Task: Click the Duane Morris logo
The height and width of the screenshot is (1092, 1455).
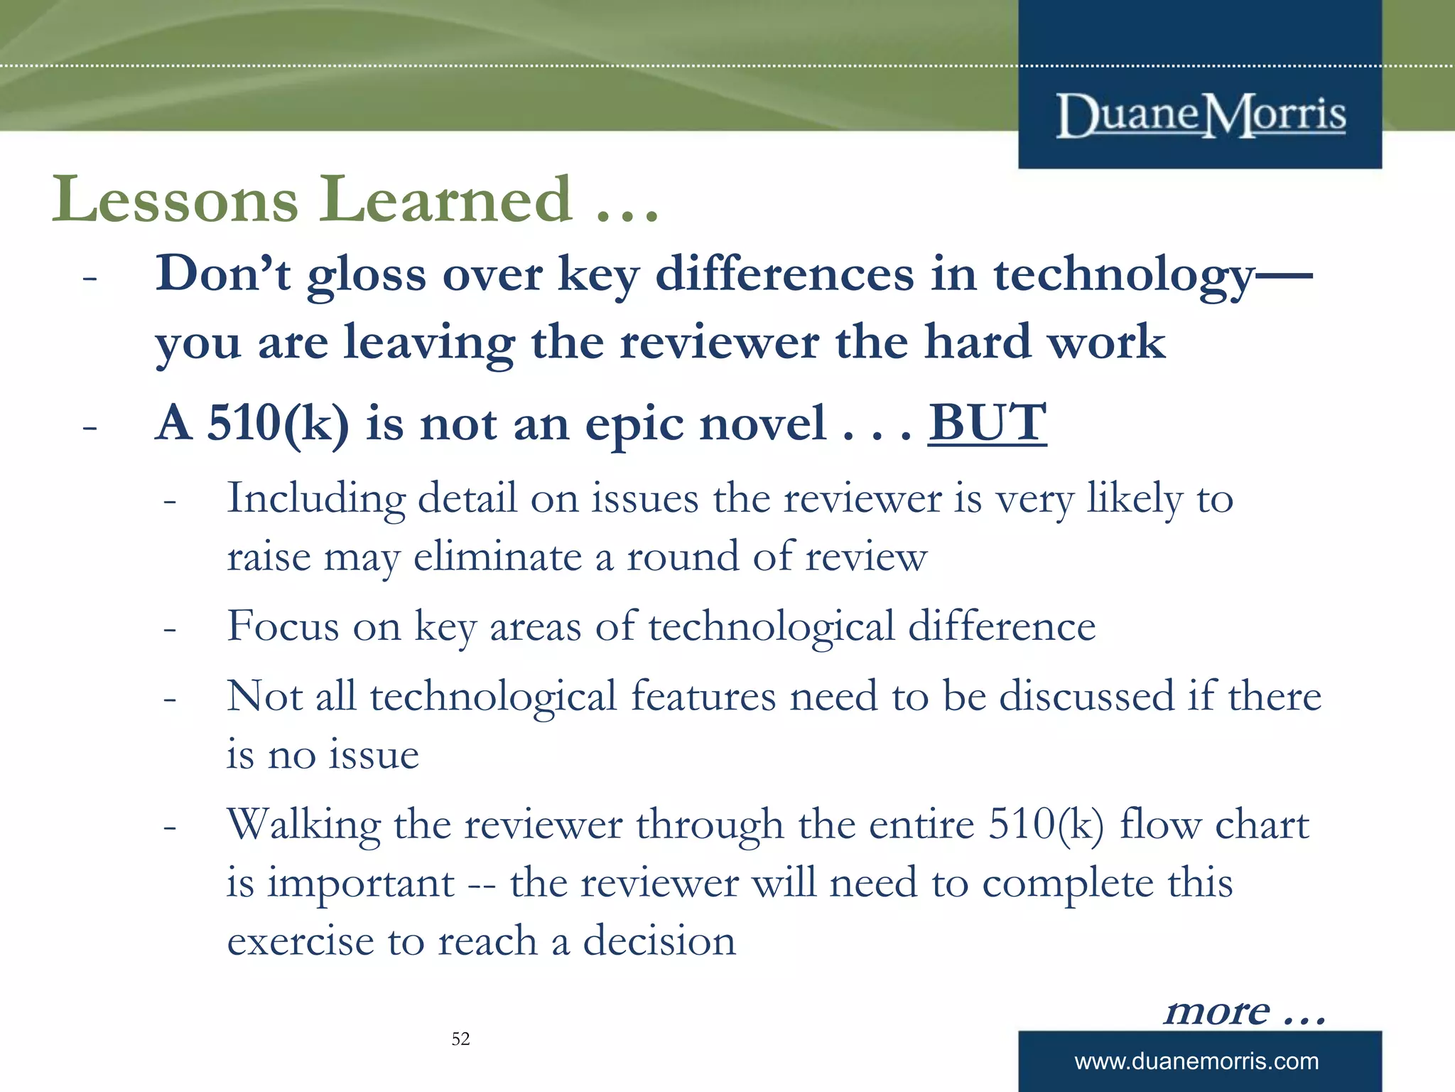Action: coord(1201,115)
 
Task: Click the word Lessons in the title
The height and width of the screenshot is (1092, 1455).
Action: coord(175,200)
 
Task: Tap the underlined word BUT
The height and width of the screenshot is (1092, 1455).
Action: coord(987,424)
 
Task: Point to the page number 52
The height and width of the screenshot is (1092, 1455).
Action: coord(460,1039)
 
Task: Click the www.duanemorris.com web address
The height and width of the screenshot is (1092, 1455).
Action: coord(1196,1061)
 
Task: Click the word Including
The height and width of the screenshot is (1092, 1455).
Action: coord(315,499)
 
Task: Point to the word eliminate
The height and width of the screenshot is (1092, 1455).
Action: coord(498,557)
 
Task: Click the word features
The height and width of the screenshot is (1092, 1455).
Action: coord(703,697)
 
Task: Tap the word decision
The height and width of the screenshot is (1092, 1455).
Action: coord(659,941)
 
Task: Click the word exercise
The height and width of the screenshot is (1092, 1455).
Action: coord(301,941)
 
